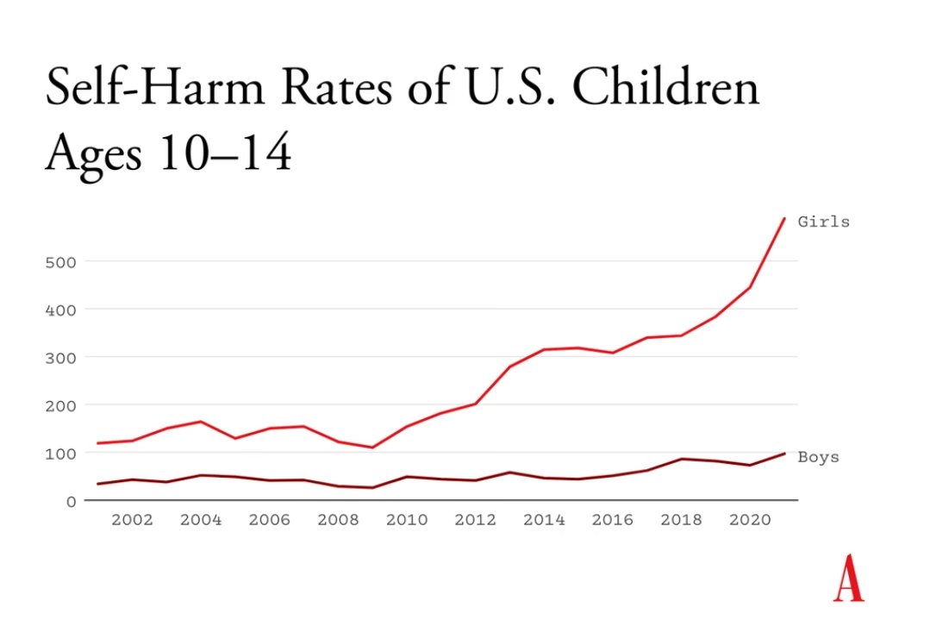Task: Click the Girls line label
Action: click(x=823, y=222)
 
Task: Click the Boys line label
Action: click(x=818, y=457)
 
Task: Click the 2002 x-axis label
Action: click(x=132, y=520)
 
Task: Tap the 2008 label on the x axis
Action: click(x=338, y=520)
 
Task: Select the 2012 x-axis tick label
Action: click(x=475, y=520)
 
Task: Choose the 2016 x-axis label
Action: click(x=613, y=520)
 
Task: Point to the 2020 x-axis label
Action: click(x=750, y=520)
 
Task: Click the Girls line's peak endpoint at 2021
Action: click(x=784, y=218)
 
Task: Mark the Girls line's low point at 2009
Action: click(x=372, y=448)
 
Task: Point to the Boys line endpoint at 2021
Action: click(x=784, y=454)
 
